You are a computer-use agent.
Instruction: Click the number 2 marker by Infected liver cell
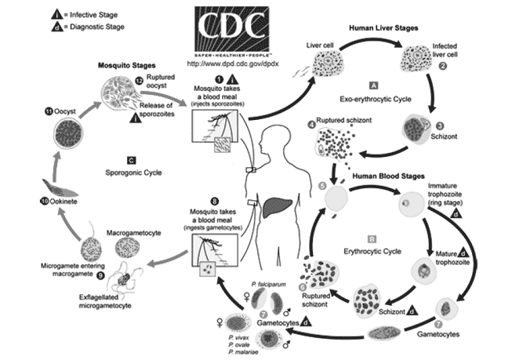coord(444,67)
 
